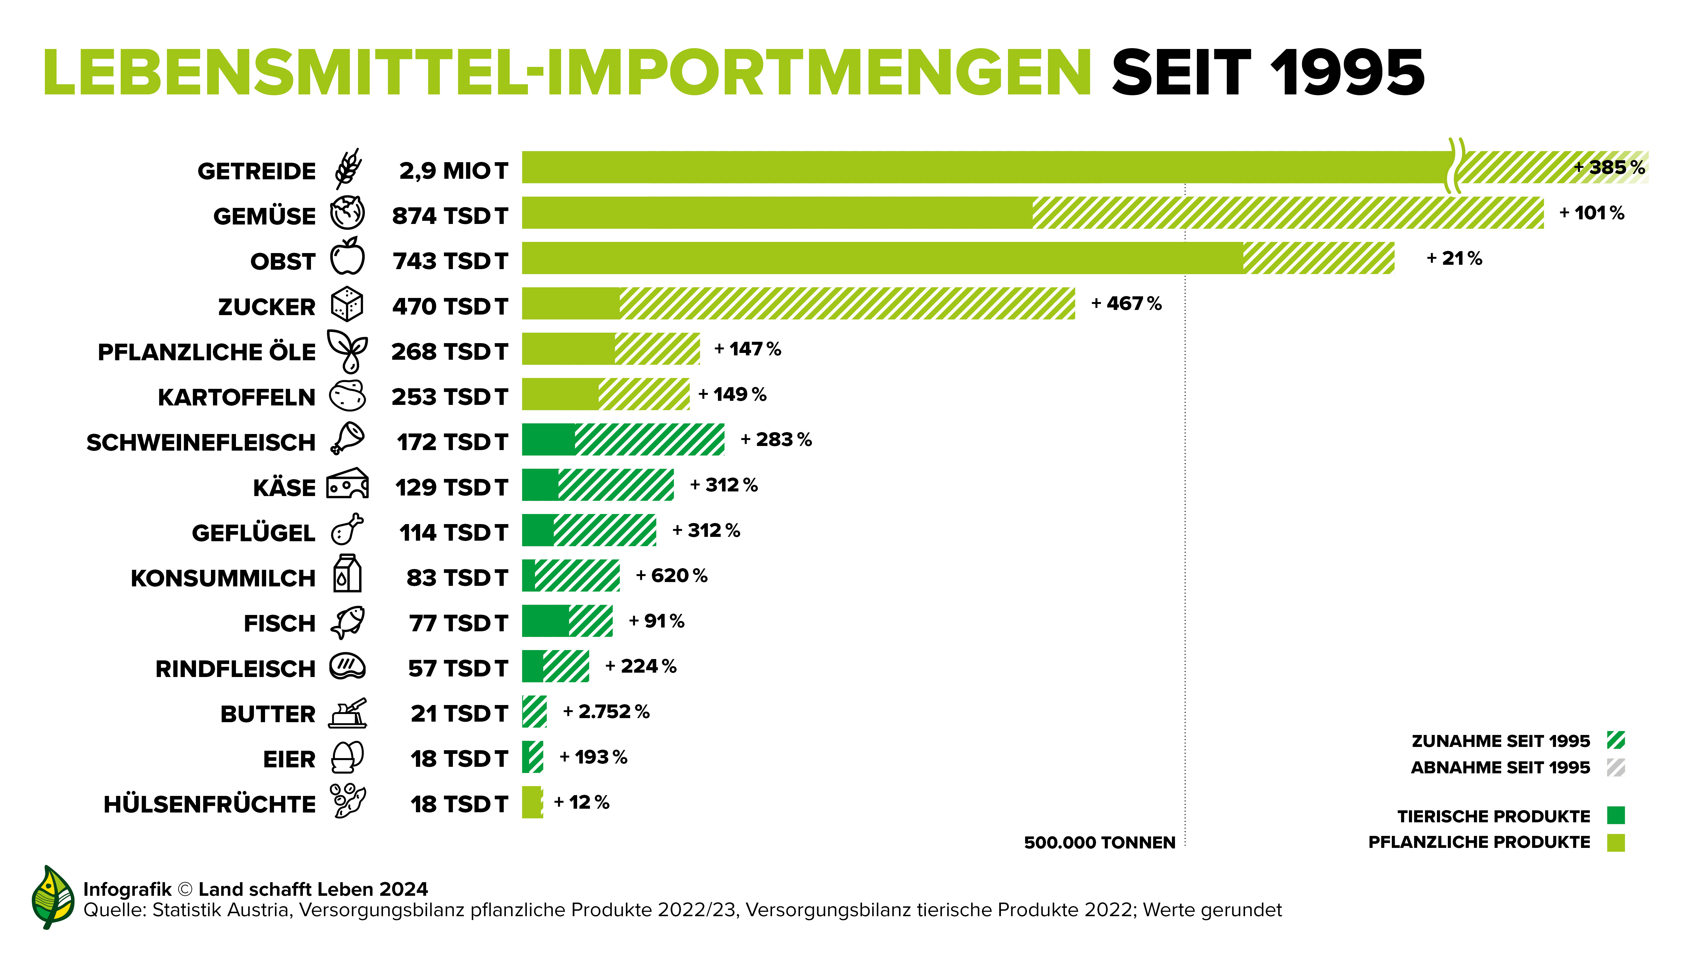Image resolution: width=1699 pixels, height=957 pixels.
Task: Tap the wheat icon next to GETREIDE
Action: click(x=348, y=169)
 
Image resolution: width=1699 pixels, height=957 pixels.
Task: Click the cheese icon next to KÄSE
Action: click(x=348, y=484)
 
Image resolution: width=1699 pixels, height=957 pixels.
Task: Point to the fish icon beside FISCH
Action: click(x=348, y=622)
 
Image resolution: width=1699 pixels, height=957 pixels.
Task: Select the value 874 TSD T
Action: click(x=450, y=216)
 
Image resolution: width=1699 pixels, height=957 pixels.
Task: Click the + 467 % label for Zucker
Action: click(x=1126, y=304)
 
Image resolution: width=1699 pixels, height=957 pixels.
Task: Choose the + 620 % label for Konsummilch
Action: click(x=671, y=576)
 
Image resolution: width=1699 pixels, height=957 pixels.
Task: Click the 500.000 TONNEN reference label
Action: click(x=1100, y=843)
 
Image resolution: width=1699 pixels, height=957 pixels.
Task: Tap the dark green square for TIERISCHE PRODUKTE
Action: click(x=1616, y=816)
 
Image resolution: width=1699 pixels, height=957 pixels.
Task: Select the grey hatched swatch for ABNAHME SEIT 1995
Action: click(x=1616, y=768)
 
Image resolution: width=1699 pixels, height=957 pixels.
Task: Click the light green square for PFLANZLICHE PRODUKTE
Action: click(x=1616, y=842)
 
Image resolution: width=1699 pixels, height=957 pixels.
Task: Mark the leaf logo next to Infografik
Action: click(x=53, y=896)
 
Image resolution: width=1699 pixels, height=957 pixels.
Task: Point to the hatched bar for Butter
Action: click(x=534, y=712)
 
